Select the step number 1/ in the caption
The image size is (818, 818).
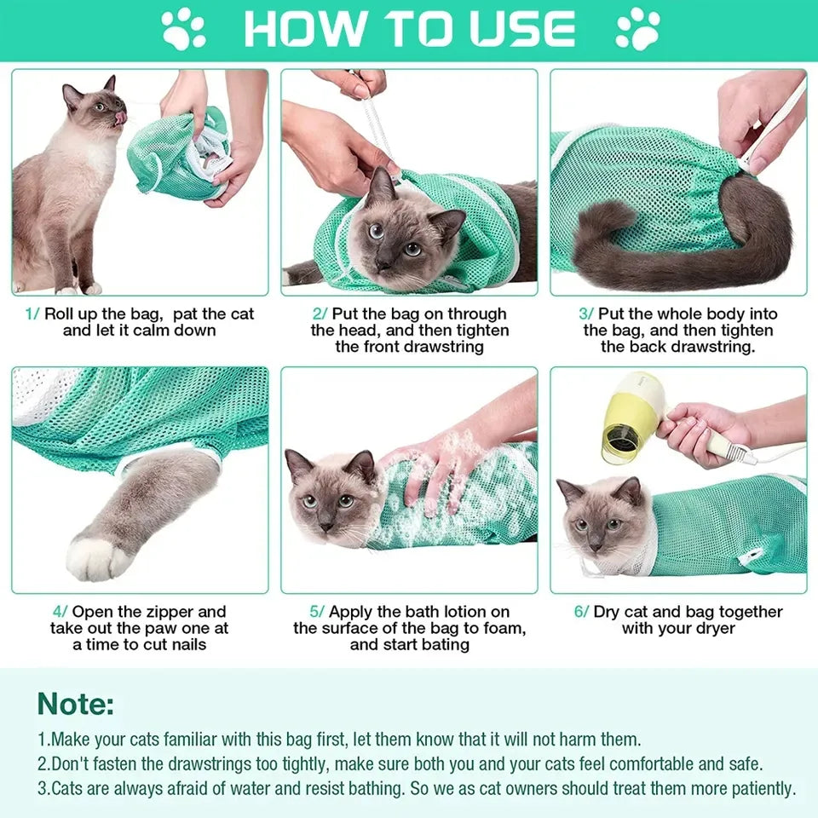pyautogui.click(x=32, y=314)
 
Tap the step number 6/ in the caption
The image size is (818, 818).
pyautogui.click(x=580, y=612)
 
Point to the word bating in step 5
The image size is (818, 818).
pyautogui.click(x=441, y=645)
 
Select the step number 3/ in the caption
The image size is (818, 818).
pyautogui.click(x=586, y=314)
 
